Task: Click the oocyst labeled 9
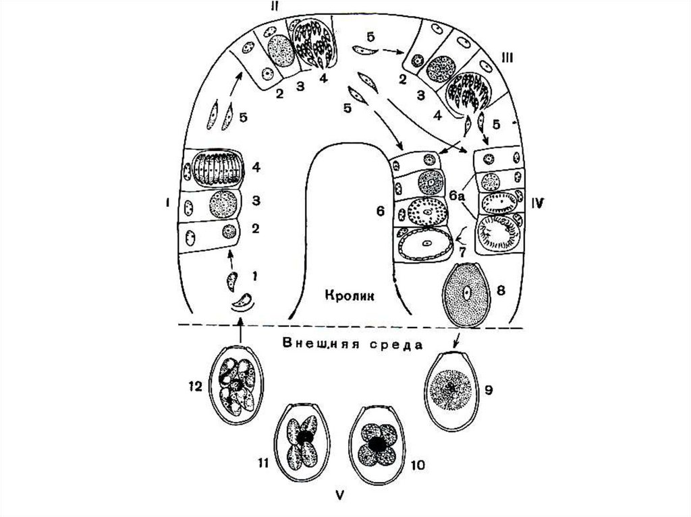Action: click(x=451, y=390)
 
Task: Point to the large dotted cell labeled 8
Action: click(x=466, y=294)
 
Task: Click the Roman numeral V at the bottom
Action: click(x=341, y=497)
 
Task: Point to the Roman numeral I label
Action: click(x=166, y=202)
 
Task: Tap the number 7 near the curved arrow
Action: click(x=463, y=251)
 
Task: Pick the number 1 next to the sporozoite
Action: click(x=254, y=275)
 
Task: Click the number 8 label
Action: click(x=500, y=291)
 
